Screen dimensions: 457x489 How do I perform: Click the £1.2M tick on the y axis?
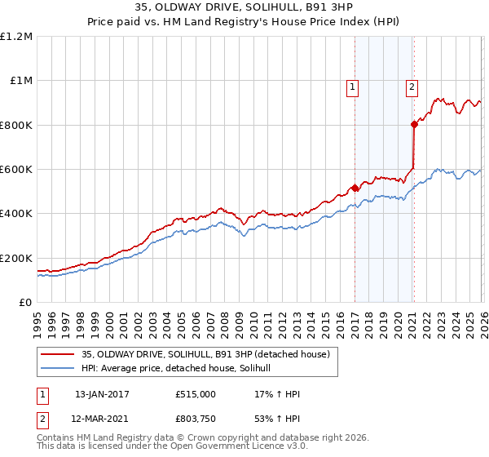16,37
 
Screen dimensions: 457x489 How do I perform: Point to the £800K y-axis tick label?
16,125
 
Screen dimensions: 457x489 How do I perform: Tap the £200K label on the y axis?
16,258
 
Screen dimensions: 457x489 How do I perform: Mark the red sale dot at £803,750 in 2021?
414,124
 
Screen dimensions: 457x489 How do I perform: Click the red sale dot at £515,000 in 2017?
355,188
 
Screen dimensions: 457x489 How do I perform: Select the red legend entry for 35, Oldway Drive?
205,354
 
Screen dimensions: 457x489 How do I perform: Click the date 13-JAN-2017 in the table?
102,394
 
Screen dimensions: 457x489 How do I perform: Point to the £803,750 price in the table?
196,419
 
